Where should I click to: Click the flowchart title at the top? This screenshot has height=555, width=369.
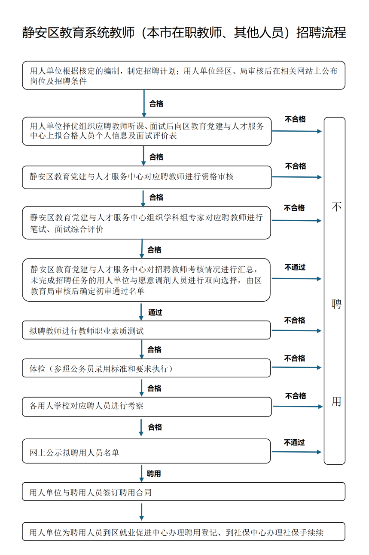click(x=184, y=33)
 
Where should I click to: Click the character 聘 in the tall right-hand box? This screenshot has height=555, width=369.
click(x=336, y=304)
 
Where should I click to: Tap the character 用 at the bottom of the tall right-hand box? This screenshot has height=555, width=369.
click(x=336, y=401)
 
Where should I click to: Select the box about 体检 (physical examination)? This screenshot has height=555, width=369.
click(x=146, y=369)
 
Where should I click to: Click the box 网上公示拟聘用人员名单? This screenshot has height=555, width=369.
click(x=146, y=452)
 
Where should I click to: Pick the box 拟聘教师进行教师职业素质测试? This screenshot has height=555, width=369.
click(x=146, y=331)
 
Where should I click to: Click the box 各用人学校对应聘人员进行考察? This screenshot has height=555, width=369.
click(x=146, y=406)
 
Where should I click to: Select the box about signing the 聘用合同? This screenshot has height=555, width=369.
click(x=183, y=492)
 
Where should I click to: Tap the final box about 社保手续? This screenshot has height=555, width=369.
click(x=183, y=532)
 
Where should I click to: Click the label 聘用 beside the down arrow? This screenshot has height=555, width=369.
click(x=154, y=474)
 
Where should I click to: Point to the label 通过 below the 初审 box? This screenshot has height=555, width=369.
click(x=155, y=312)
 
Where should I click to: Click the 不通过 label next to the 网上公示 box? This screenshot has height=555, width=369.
click(x=294, y=442)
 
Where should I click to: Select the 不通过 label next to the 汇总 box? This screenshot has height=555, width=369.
click(x=295, y=267)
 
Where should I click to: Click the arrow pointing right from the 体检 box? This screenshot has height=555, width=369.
click(x=296, y=367)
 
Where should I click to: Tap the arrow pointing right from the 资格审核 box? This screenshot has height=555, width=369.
click(x=296, y=177)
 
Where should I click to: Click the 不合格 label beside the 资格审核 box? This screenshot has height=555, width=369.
click(x=296, y=166)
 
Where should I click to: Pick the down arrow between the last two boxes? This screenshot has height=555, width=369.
click(x=141, y=512)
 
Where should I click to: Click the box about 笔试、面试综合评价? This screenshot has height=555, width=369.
click(x=146, y=223)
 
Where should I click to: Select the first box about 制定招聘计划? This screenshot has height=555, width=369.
click(x=183, y=75)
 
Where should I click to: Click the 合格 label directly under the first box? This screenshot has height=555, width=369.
click(x=156, y=104)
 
